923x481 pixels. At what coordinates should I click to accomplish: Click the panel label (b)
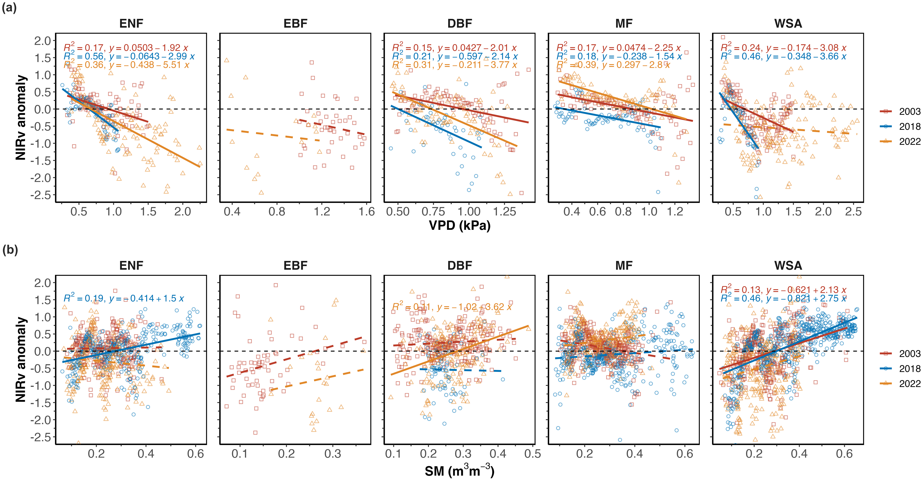point(10,250)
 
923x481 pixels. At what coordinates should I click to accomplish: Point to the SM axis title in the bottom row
point(460,471)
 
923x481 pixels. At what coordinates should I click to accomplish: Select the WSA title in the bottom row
point(788,266)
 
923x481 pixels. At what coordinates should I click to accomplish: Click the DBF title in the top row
point(460,24)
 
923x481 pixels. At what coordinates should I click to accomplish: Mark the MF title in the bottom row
point(624,266)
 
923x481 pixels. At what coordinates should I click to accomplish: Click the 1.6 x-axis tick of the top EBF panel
point(367,212)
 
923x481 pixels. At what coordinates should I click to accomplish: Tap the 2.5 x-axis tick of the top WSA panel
point(853,212)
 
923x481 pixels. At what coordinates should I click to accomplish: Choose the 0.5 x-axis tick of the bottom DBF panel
point(532,454)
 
